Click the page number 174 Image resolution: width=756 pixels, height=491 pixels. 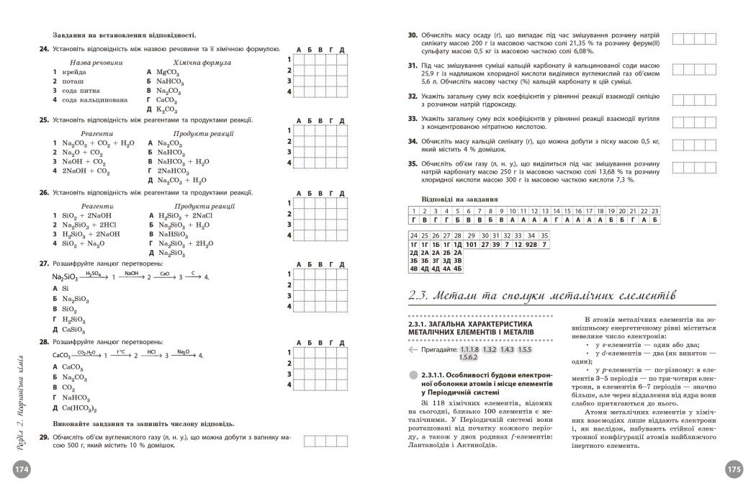[x=20, y=468]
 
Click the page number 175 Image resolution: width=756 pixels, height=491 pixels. [x=734, y=468]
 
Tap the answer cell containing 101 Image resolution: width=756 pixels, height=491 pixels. [x=472, y=245]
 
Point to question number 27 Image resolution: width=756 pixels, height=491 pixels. [x=44, y=263]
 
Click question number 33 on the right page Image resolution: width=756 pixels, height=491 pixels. [x=413, y=117]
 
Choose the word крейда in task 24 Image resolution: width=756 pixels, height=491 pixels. [x=75, y=73]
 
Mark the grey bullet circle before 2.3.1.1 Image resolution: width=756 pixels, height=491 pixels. [x=411, y=375]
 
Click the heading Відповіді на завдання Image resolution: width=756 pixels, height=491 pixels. [x=459, y=199]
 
